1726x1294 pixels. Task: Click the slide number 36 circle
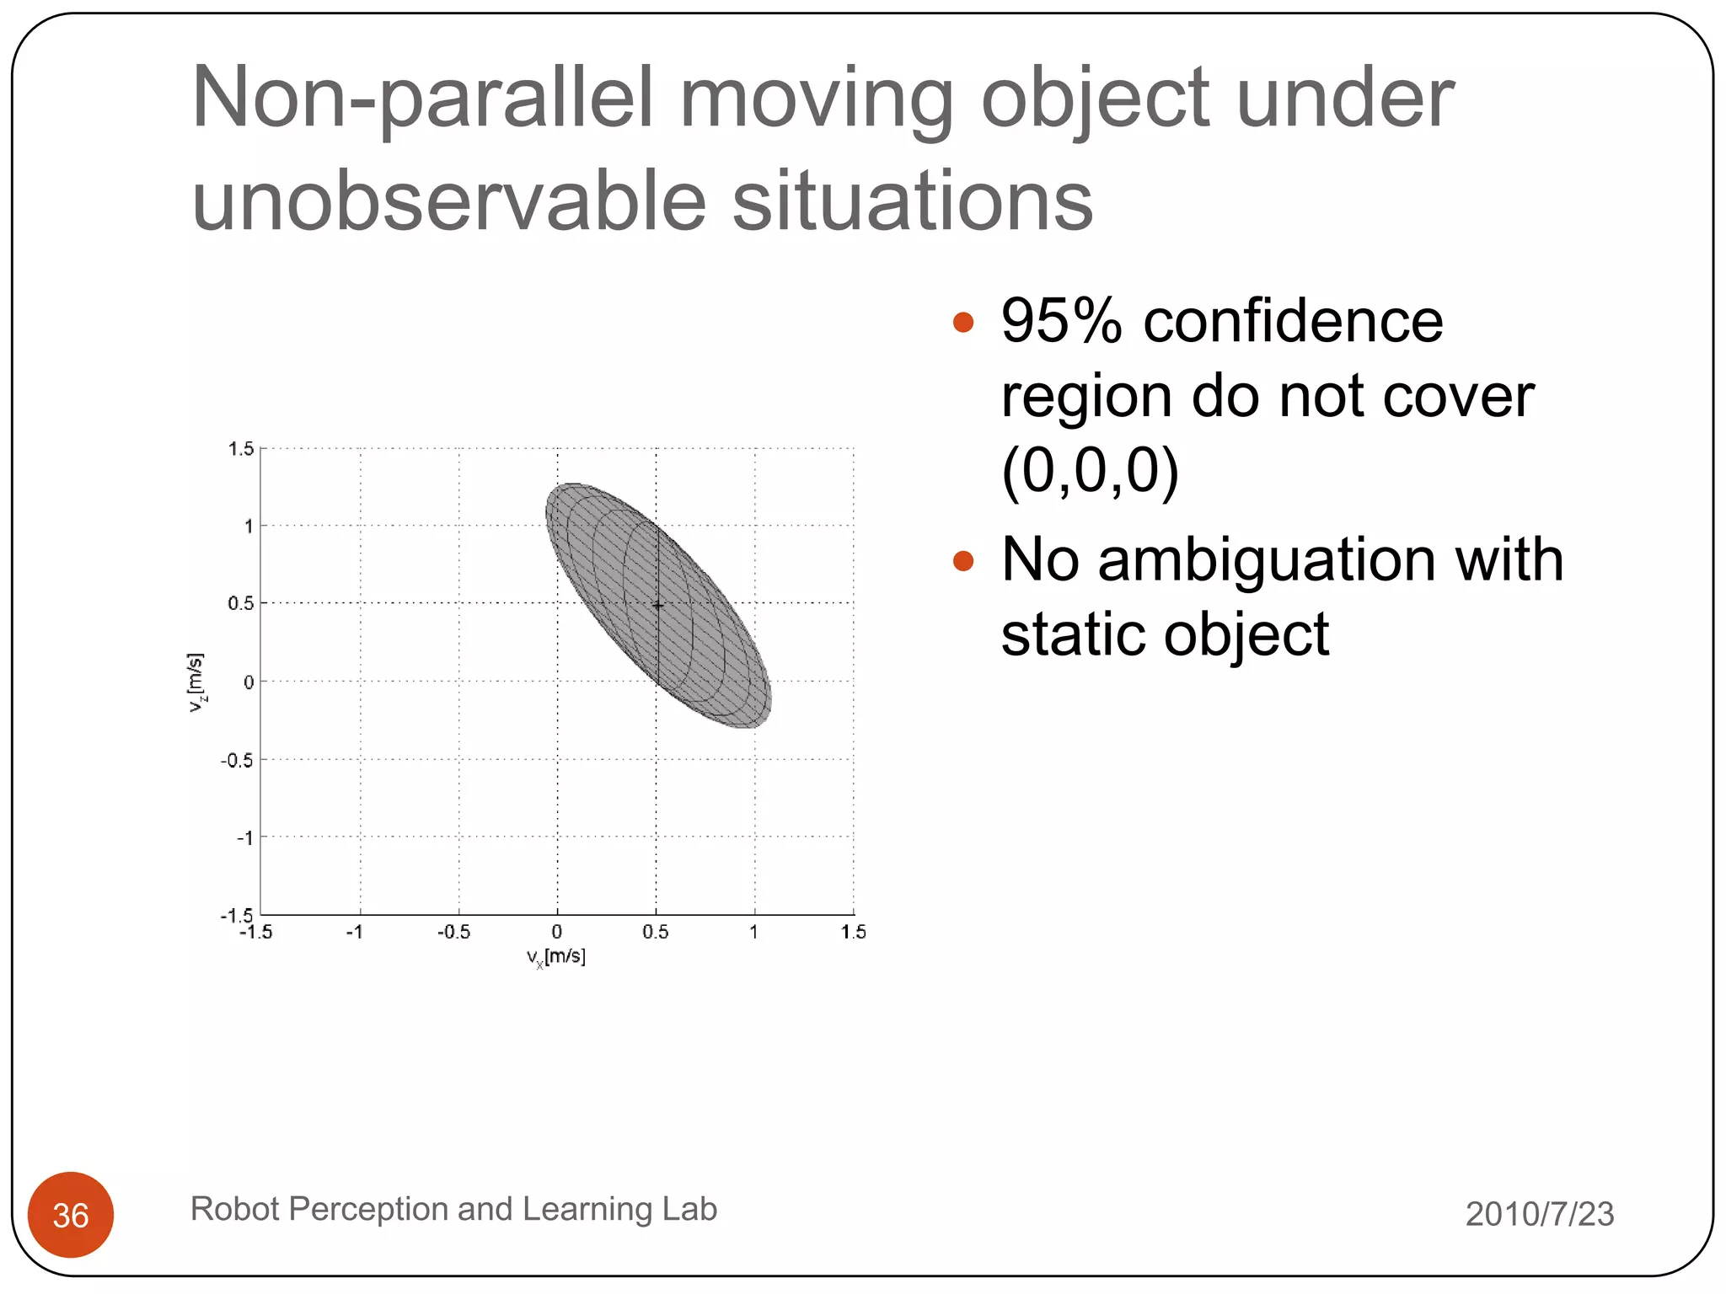click(x=71, y=1214)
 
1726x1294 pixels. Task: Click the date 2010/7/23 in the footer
click(x=1539, y=1214)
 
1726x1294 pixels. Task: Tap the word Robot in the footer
click(x=233, y=1209)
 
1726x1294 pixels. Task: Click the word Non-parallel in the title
click(x=422, y=99)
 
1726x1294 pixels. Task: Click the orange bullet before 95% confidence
click(x=962, y=322)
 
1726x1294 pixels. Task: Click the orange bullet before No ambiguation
click(x=962, y=560)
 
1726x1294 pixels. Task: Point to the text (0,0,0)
click(x=1090, y=470)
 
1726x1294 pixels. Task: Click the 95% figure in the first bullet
click(x=1061, y=322)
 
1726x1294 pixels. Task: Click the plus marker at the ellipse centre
click(x=657, y=605)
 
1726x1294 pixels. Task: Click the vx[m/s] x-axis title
click(x=556, y=957)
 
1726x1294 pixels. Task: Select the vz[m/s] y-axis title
click(x=196, y=682)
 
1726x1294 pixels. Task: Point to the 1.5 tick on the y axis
click(x=240, y=449)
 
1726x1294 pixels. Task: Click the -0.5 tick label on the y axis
click(x=237, y=761)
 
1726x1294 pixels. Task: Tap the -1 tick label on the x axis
click(x=355, y=932)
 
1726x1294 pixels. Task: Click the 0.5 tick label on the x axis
click(x=655, y=932)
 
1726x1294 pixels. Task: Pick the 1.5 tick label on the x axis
click(x=853, y=932)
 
